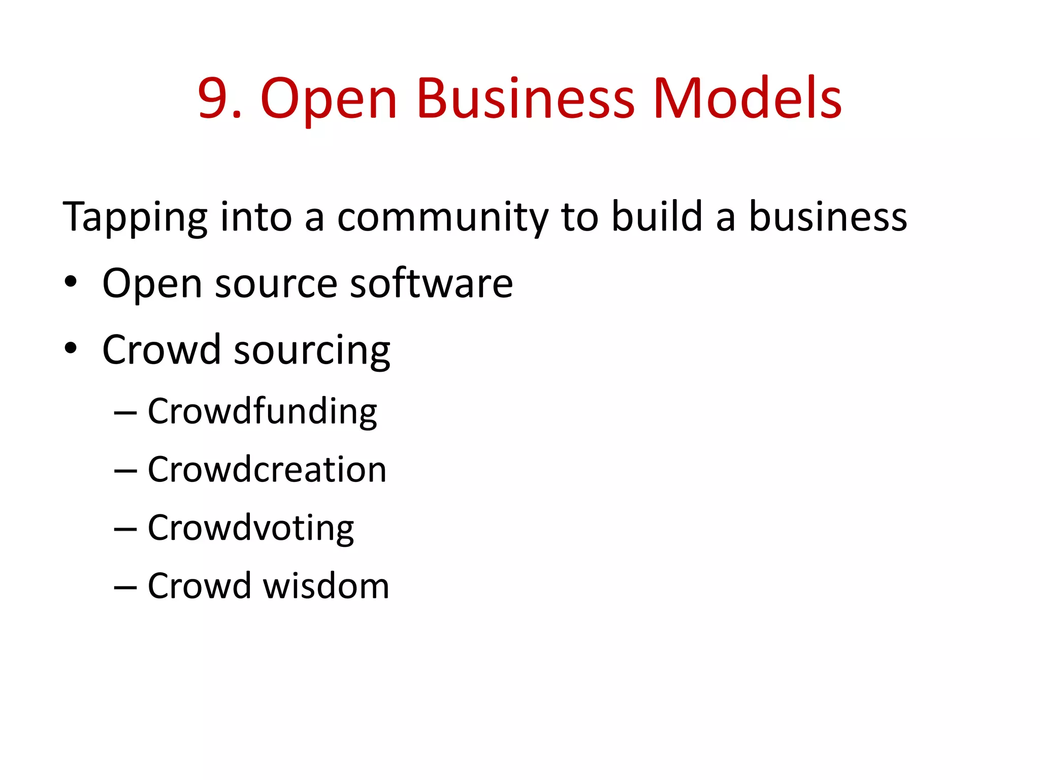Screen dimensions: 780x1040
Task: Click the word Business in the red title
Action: pyautogui.click(x=525, y=99)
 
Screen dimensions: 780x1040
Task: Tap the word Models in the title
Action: pyautogui.click(x=747, y=99)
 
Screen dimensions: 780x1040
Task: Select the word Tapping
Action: pyautogui.click(x=135, y=217)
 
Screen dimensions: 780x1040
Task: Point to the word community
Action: pyautogui.click(x=442, y=217)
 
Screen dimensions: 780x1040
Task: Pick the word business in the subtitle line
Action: pyautogui.click(x=828, y=217)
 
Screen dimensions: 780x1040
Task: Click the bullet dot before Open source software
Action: pyautogui.click(x=71, y=282)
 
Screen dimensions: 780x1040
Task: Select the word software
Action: pyautogui.click(x=431, y=283)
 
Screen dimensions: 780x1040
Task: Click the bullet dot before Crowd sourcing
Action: pyautogui.click(x=71, y=348)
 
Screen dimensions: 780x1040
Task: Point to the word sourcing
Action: pyautogui.click(x=312, y=351)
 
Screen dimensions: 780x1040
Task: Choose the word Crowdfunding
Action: pyautogui.click(x=262, y=412)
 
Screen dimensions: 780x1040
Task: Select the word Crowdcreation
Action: pyautogui.click(x=267, y=469)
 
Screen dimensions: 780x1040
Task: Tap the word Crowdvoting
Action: pyautogui.click(x=251, y=529)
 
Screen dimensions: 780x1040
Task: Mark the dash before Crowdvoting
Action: pyautogui.click(x=125, y=530)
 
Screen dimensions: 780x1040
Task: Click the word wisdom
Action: pyautogui.click(x=326, y=586)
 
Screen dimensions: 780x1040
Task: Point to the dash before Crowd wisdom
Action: pyautogui.click(x=125, y=588)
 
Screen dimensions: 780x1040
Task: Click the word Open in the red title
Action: pyautogui.click(x=328, y=99)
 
